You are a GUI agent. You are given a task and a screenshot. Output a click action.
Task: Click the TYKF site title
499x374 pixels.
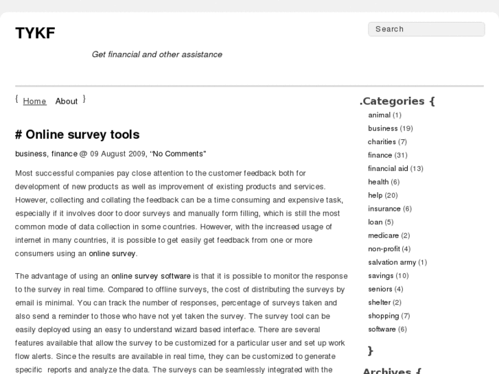[x=35, y=33]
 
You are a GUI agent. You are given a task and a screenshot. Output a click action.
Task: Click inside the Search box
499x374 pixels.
[x=426, y=30]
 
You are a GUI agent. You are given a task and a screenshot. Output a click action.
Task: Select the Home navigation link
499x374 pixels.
[x=34, y=101]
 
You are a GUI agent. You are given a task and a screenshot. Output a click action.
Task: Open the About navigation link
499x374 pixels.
[x=67, y=101]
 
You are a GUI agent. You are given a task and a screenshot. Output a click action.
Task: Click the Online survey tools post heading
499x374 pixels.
[x=82, y=135]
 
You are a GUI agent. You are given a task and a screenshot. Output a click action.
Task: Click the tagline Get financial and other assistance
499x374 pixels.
[x=156, y=54]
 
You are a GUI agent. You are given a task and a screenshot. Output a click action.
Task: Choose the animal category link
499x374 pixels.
[x=379, y=115]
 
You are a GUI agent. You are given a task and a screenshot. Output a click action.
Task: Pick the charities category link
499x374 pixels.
[x=382, y=142]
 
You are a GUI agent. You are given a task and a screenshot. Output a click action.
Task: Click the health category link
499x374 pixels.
[x=378, y=182]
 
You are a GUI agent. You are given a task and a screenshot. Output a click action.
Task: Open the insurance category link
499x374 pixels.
[x=384, y=209]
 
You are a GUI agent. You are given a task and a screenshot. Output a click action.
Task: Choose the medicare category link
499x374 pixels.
[x=383, y=235]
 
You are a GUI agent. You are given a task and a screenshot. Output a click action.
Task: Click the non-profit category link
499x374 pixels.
[x=383, y=249]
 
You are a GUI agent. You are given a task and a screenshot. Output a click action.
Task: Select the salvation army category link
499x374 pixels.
[x=392, y=262]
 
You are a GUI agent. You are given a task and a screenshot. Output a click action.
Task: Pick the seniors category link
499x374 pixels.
[x=380, y=289]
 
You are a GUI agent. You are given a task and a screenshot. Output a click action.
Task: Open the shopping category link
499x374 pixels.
[x=383, y=316]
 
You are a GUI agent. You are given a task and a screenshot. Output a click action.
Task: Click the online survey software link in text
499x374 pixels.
[x=151, y=276]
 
